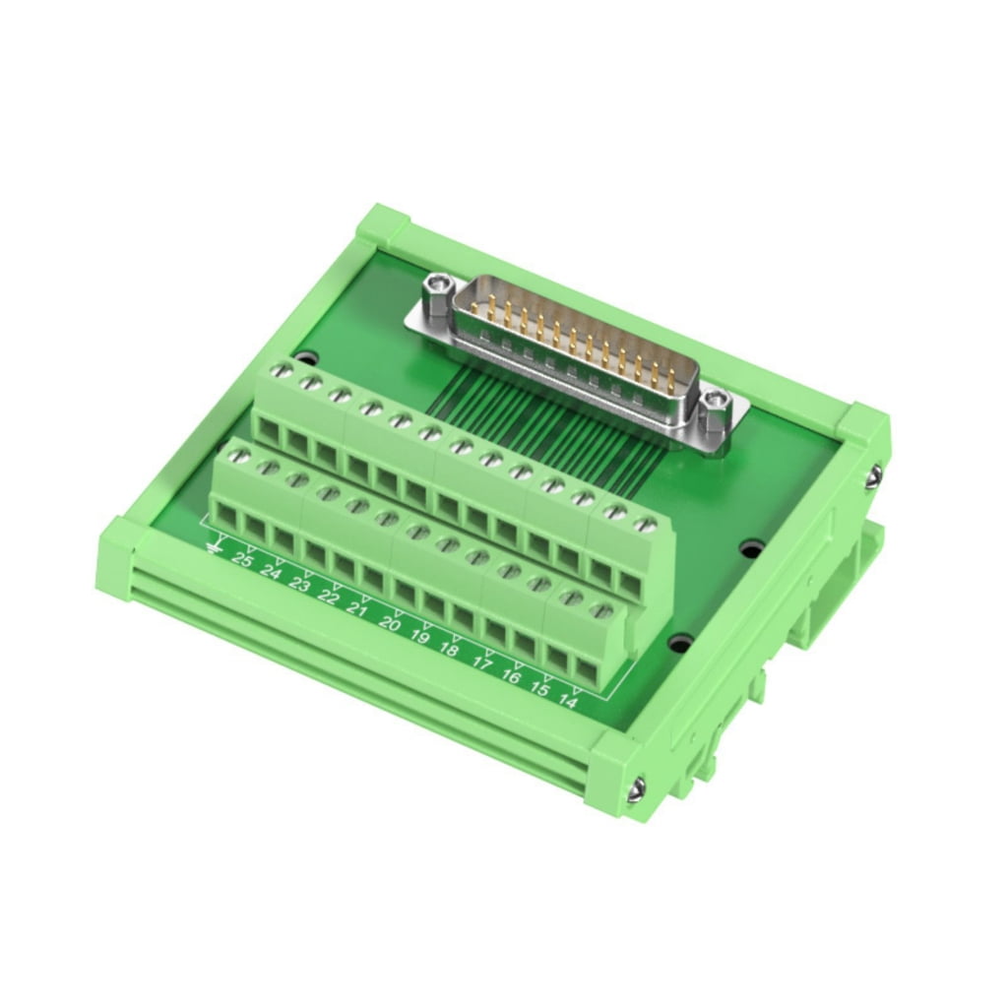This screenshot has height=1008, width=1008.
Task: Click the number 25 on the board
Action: (242, 561)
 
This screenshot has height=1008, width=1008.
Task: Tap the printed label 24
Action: (272, 573)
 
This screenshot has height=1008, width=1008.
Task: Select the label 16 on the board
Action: (511, 675)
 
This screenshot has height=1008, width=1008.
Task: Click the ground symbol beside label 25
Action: (214, 544)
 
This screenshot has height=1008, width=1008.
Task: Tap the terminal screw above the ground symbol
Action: (233, 455)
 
